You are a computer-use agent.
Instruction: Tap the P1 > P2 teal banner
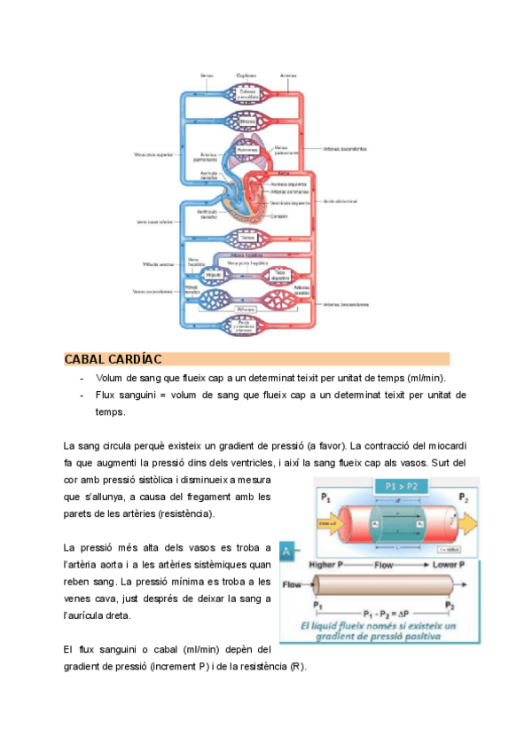[x=397, y=486]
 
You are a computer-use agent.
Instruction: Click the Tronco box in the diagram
[x=247, y=238]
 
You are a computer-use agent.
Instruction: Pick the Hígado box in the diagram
[x=213, y=275]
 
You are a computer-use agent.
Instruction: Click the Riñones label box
[x=247, y=307]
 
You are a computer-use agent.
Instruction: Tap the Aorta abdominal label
[x=340, y=200]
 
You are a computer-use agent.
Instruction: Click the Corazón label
[x=279, y=216]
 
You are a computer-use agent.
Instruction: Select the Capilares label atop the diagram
[x=247, y=75]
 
